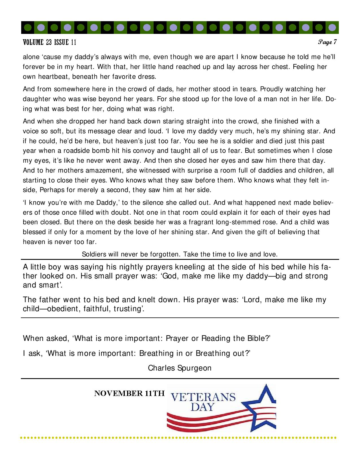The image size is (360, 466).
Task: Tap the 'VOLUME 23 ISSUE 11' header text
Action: coord(49,43)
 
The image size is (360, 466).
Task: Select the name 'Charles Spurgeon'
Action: coord(180,368)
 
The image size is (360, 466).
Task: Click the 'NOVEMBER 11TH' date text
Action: coord(129,393)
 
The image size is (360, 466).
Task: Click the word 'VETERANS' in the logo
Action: coord(203,397)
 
